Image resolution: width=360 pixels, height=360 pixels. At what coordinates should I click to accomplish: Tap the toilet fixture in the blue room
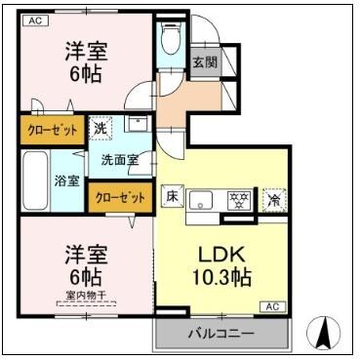click(171, 38)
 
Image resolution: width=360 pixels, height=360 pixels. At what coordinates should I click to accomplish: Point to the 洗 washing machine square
click(100, 127)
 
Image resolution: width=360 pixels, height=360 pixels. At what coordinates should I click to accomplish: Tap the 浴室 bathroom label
click(67, 180)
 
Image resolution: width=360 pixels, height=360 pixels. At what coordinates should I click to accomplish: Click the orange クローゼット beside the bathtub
click(53, 128)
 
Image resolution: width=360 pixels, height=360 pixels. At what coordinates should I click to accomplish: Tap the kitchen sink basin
click(201, 201)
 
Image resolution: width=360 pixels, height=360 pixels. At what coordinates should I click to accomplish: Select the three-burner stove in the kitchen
click(235, 200)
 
